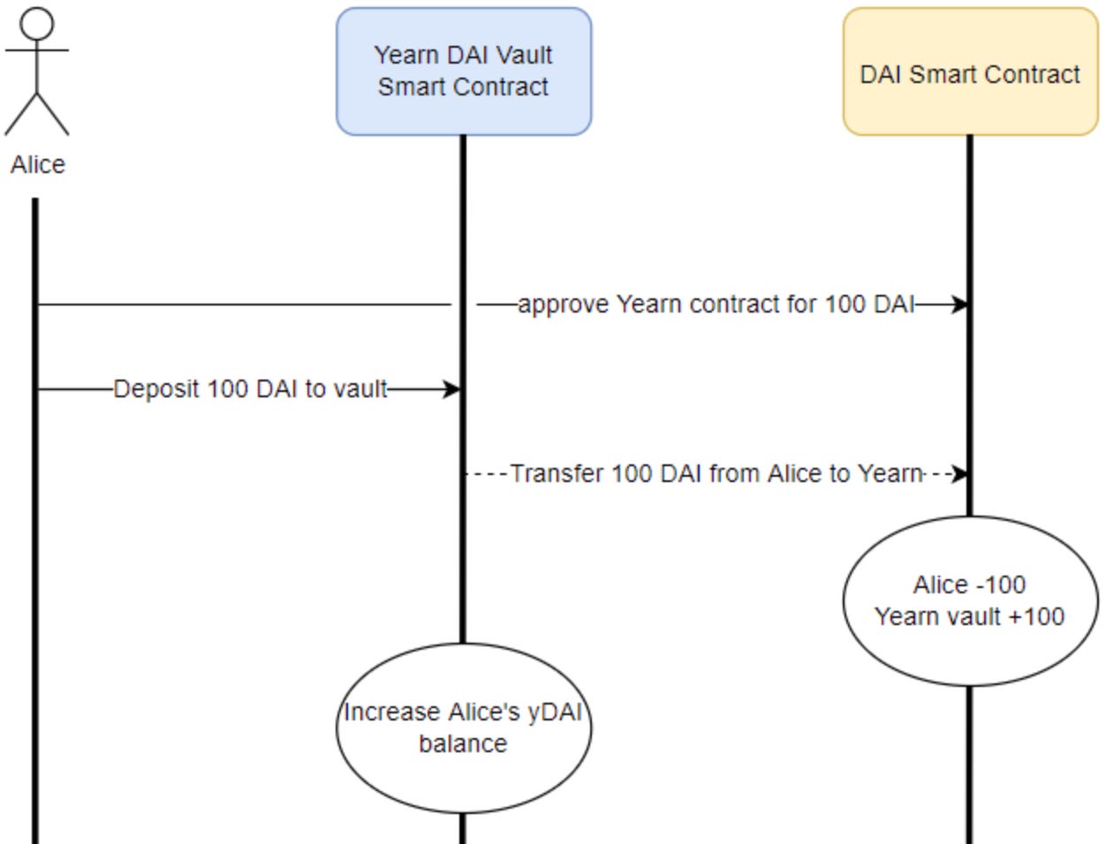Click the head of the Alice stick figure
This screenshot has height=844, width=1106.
(x=37, y=23)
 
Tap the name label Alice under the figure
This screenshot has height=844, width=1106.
(x=37, y=164)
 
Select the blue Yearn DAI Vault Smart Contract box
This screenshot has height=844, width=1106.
(x=463, y=72)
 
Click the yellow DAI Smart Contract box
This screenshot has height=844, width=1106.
(x=970, y=72)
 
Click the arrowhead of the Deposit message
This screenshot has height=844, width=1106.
(x=452, y=389)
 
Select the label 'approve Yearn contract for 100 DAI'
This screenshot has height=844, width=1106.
(x=716, y=305)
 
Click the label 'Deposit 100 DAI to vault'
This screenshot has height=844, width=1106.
(x=250, y=389)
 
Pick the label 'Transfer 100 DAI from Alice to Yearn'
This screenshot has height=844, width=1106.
(x=716, y=474)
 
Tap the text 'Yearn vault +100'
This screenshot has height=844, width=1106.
(x=969, y=616)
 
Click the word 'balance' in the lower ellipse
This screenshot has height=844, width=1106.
(x=463, y=744)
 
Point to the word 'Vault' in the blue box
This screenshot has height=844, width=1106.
(x=525, y=55)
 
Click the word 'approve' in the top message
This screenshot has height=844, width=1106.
(x=564, y=305)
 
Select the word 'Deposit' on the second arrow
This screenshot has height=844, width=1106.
(x=156, y=389)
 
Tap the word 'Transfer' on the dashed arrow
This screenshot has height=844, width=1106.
(x=557, y=474)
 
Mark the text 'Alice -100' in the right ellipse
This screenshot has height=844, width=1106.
(x=969, y=584)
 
